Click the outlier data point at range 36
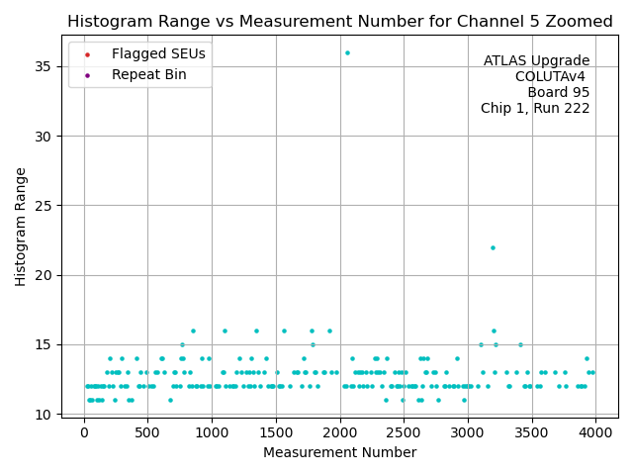click(347, 52)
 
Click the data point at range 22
click(493, 247)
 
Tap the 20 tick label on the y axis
click(46, 275)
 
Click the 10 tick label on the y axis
click(46, 414)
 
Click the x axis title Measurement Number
click(339, 452)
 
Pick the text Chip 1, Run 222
click(535, 109)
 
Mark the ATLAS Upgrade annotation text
click(536, 61)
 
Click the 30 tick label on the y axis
click(46, 136)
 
